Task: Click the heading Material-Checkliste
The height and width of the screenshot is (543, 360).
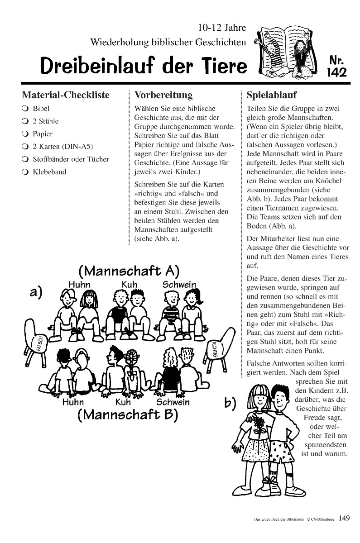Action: pos(66,95)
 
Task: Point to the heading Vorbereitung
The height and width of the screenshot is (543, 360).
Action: pos(163,95)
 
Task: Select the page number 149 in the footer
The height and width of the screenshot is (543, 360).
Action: pos(344,519)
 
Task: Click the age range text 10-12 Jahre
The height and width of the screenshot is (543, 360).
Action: pos(222,28)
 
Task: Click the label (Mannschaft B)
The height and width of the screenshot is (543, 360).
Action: pos(128,414)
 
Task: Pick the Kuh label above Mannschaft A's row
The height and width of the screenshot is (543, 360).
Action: pos(129,284)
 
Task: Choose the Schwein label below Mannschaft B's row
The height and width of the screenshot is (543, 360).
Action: pos(173,402)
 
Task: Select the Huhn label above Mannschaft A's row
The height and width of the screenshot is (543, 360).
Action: pos(80,284)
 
